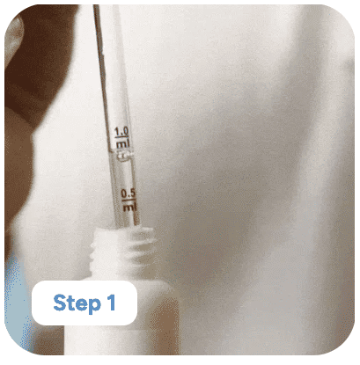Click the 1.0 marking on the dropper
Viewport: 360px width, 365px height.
(121, 131)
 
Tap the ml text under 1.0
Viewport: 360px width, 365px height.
(122, 143)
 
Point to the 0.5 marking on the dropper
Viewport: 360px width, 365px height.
(129, 193)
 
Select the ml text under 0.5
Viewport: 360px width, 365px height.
(129, 206)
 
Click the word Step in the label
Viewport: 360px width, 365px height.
(77, 303)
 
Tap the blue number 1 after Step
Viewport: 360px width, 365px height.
(111, 302)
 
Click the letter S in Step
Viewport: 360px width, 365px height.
(60, 303)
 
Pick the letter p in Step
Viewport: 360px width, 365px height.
(95, 306)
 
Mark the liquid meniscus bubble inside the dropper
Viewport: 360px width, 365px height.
(124, 155)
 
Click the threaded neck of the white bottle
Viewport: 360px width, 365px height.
(123, 248)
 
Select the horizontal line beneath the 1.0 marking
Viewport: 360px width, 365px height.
(121, 137)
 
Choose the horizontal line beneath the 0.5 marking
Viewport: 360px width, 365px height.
(129, 200)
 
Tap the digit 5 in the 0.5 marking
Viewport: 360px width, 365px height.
(132, 193)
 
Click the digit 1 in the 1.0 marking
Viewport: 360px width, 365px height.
(116, 132)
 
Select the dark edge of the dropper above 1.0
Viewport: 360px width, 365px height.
(100, 59)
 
